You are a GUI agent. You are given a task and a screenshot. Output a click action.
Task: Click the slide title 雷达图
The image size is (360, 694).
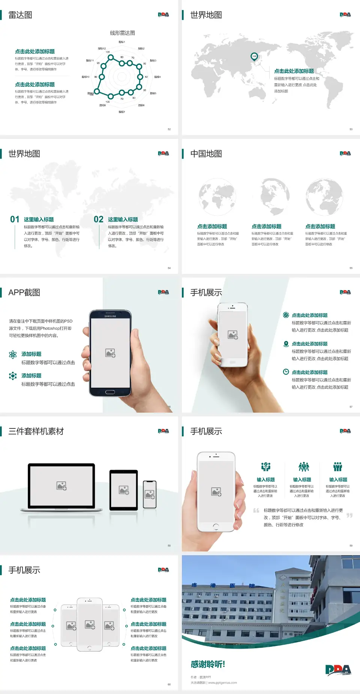(20, 15)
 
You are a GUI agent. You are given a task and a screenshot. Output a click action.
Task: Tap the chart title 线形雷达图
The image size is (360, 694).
(122, 33)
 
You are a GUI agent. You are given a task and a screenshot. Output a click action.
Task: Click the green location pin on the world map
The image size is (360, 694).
(254, 57)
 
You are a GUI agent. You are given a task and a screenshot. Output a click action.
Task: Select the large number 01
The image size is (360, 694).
(15, 219)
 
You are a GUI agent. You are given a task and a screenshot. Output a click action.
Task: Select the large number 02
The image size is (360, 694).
(99, 219)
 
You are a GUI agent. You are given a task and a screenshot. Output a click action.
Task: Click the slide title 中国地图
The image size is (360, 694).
(206, 154)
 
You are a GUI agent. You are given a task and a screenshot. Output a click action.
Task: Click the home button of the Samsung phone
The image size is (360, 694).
(110, 392)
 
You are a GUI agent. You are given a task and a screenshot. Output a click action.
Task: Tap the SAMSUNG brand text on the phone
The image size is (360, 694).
(110, 316)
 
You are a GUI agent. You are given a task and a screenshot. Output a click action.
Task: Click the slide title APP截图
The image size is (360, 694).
(24, 293)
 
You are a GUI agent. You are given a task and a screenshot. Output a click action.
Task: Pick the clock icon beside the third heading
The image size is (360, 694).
(286, 372)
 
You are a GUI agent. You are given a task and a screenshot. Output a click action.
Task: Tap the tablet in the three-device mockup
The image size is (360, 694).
(124, 490)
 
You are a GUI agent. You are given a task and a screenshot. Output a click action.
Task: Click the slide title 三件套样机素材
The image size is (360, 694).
(36, 431)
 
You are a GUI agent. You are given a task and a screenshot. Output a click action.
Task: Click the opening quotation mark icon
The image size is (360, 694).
(256, 511)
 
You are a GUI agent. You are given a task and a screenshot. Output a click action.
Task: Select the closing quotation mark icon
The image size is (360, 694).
(349, 515)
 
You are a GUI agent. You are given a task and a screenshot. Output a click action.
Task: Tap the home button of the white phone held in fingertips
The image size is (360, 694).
(216, 527)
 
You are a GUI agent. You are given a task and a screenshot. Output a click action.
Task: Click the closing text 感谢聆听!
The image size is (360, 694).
(208, 664)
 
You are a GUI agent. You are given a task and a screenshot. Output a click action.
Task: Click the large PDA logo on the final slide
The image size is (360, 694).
(338, 670)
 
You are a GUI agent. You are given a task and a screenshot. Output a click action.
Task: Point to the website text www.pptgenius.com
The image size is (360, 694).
(222, 683)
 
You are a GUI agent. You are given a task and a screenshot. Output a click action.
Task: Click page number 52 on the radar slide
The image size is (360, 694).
(169, 129)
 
